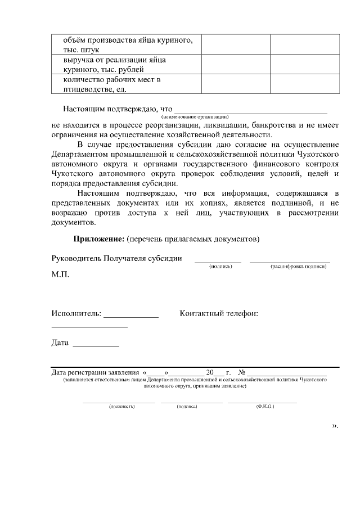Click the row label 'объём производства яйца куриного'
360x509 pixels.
pos(124,45)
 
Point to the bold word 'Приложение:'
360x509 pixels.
pos(99,238)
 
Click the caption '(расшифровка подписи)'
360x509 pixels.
pos(299,266)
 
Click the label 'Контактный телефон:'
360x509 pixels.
pos(219,313)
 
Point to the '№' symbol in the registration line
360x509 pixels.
pos(242,372)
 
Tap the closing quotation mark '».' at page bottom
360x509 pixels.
pos(335,426)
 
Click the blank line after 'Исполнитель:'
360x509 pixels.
pos(131,317)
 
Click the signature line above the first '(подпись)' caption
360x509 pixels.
pos(218,262)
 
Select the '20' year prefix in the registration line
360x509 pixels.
pos(210,372)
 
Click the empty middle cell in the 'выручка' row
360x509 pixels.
pos(236,65)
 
